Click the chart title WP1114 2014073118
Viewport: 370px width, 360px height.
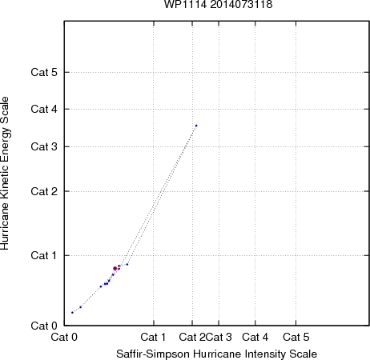tap(218, 4)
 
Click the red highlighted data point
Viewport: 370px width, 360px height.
tap(115, 268)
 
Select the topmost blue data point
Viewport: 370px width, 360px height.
tap(196, 126)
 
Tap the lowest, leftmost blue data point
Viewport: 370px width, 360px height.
tap(72, 313)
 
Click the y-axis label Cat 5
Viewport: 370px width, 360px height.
tap(44, 72)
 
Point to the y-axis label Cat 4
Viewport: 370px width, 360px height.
tap(44, 109)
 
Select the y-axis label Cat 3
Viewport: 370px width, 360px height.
tap(44, 146)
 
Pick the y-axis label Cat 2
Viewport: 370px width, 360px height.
tap(44, 191)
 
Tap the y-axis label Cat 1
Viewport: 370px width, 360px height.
tap(44, 255)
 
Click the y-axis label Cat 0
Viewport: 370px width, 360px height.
tap(44, 326)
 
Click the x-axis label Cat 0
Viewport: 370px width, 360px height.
tap(64, 337)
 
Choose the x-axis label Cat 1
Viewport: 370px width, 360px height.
tap(153, 337)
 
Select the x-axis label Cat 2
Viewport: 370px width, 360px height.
tap(192, 337)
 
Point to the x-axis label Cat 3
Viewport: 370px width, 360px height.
tap(219, 337)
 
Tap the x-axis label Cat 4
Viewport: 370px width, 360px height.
tap(255, 337)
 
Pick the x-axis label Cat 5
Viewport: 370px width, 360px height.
tap(296, 337)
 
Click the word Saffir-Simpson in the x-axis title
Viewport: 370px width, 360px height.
tap(153, 354)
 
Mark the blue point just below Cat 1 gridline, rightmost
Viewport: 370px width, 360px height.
tap(127, 264)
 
